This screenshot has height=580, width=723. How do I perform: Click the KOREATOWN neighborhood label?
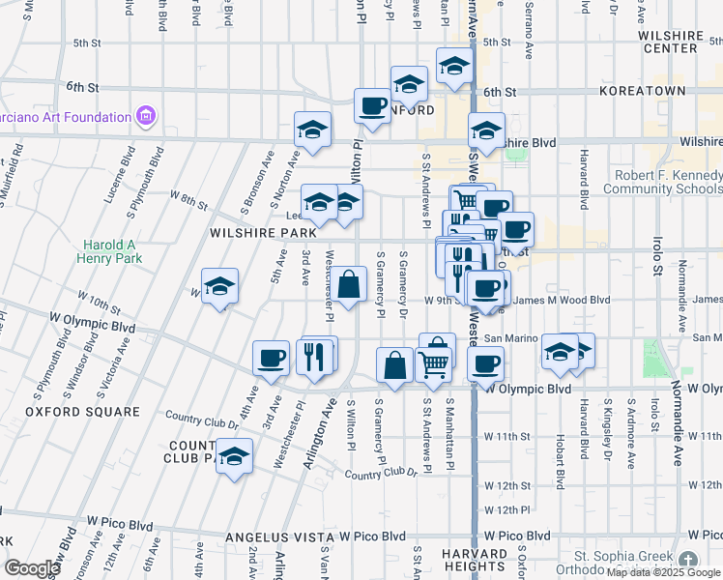pyautogui.click(x=642, y=91)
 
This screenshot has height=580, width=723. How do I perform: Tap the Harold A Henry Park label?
pyautogui.click(x=112, y=251)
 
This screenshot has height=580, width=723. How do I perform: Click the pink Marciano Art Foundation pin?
pyautogui.click(x=146, y=117)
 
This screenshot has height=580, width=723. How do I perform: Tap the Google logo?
pyautogui.click(x=32, y=568)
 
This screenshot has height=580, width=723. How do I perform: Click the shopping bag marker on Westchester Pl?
pyautogui.click(x=351, y=284)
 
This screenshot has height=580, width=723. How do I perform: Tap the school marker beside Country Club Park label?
pyautogui.click(x=234, y=456)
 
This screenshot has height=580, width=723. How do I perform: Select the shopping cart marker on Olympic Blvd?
pyautogui.click(x=435, y=364)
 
